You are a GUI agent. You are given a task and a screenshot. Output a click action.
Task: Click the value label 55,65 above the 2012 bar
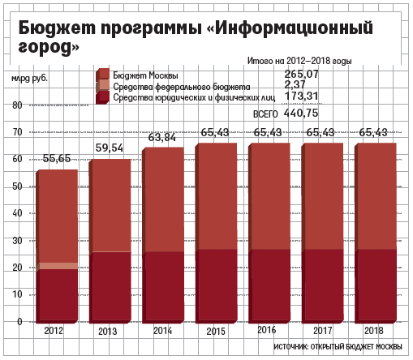tap(57, 158)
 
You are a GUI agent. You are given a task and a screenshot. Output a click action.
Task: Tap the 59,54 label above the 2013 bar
tap(110, 148)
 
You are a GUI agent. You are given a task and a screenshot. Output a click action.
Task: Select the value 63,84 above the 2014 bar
tap(162, 137)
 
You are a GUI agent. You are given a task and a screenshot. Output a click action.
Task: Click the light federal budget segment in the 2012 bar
tap(57, 266)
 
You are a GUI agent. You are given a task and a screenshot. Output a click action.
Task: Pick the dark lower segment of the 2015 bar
tap(216, 286)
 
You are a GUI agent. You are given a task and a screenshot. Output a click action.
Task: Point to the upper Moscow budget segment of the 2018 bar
tap(376, 196)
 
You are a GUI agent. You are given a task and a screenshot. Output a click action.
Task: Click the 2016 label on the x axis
tap(267, 330)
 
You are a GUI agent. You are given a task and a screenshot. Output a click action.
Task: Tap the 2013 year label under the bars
tap(108, 332)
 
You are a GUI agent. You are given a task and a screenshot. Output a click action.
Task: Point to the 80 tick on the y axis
tap(17, 105)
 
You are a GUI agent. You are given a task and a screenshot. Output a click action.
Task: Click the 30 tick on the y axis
tap(17, 241)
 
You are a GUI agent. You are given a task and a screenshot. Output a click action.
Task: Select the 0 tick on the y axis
tap(19, 322)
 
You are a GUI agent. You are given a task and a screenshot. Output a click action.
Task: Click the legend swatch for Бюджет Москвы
tap(102, 75)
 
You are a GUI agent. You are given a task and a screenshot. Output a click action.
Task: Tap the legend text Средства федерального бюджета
tap(182, 87)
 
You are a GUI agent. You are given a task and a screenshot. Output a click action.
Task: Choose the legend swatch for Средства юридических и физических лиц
tap(102, 97)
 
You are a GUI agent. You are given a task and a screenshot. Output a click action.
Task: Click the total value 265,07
tap(301, 74)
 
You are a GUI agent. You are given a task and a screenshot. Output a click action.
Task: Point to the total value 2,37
tap(295, 85)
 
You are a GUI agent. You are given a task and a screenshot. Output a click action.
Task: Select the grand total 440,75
tap(301, 113)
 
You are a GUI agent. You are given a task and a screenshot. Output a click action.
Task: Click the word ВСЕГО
tap(265, 114)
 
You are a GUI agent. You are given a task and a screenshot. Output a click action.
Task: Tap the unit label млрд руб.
tap(29, 79)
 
